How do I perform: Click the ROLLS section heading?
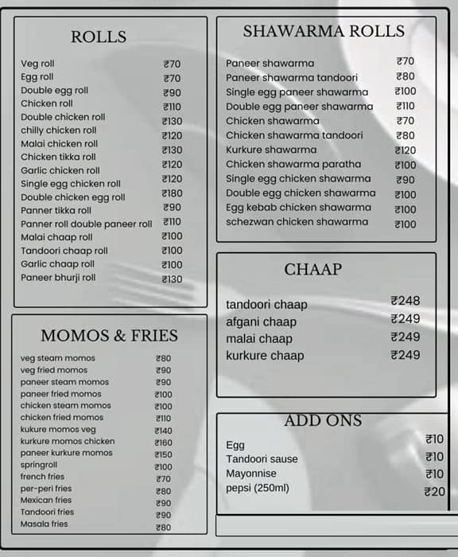(99, 37)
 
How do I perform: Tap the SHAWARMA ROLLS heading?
(324, 32)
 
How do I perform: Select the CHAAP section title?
(312, 270)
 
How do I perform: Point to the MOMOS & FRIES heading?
(109, 335)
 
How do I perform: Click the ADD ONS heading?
(323, 421)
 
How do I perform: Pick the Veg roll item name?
(37, 64)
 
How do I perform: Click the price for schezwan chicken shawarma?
(406, 224)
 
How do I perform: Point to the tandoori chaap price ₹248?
(406, 301)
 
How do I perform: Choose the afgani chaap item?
(261, 321)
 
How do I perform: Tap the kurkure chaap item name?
(265, 356)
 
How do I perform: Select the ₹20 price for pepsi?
(435, 492)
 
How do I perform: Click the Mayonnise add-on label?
(251, 473)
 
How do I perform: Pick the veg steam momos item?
(57, 358)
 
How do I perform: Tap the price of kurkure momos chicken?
(163, 442)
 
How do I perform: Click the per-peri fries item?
(46, 489)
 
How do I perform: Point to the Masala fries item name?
(45, 524)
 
